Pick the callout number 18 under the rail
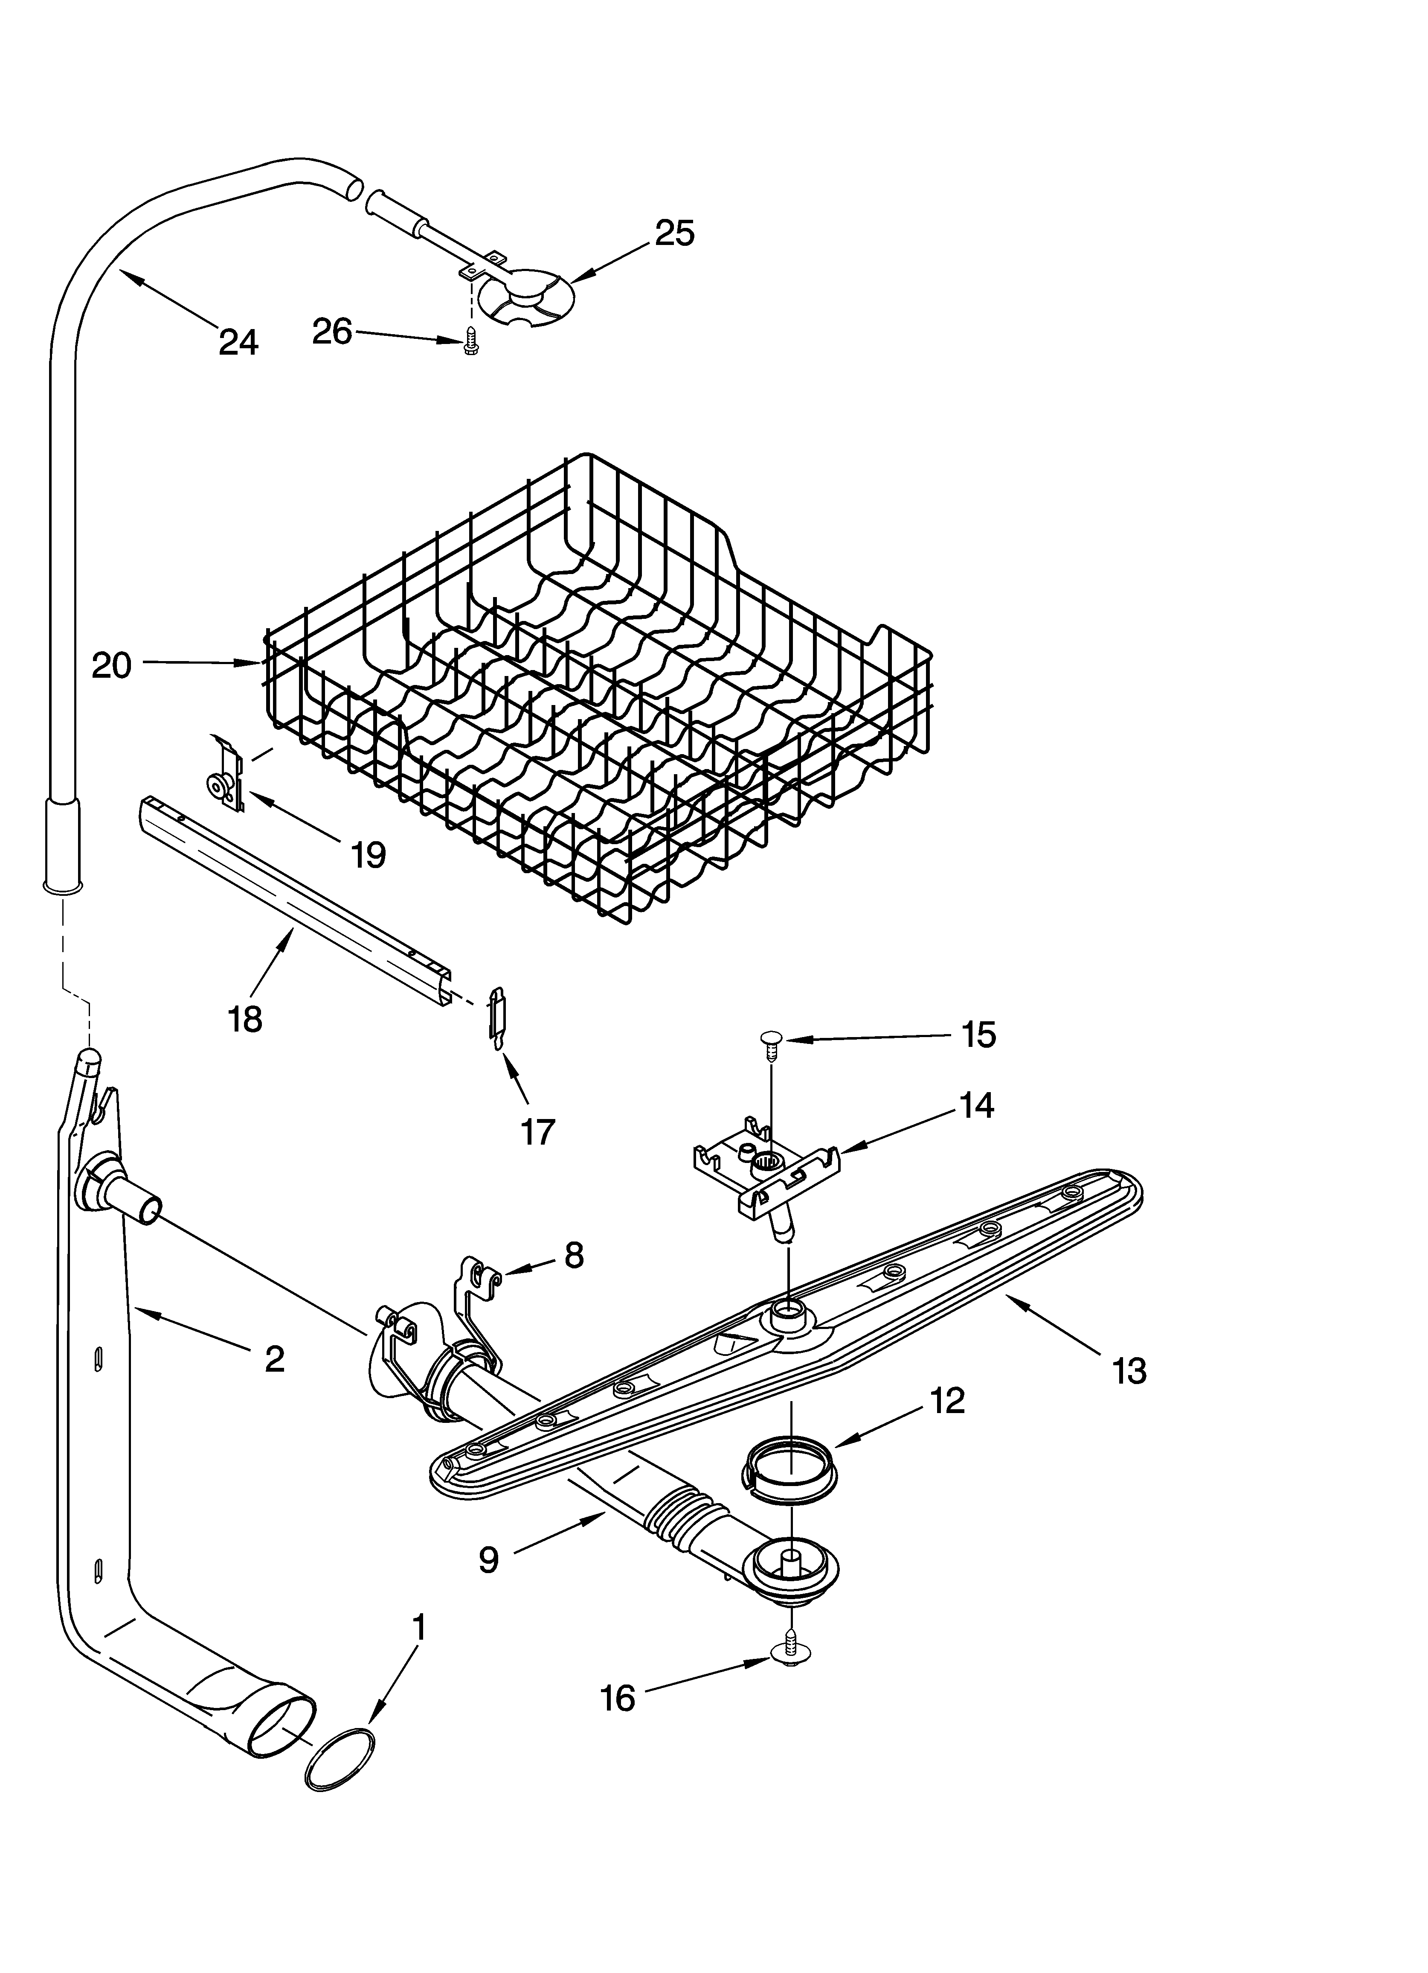(245, 1019)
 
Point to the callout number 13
(1129, 1372)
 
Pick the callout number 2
(274, 1359)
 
